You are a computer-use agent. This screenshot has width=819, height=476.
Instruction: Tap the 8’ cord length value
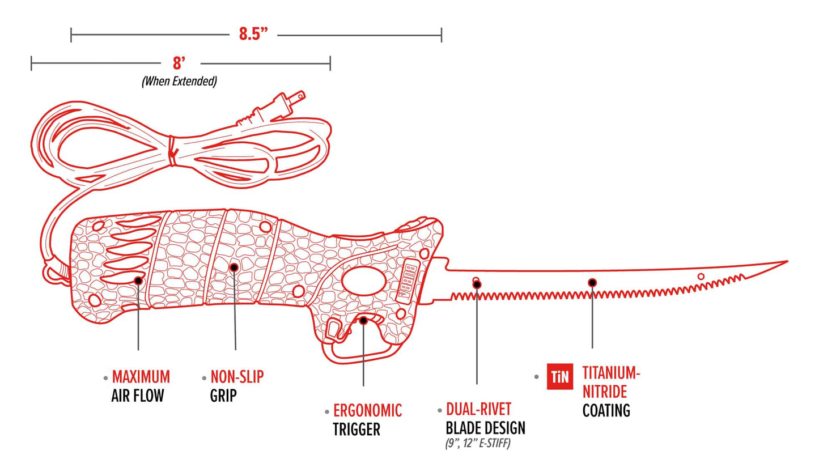click(179, 63)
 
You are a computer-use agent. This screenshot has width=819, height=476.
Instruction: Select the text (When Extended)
click(179, 81)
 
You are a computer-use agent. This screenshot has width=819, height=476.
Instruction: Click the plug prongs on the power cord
click(296, 97)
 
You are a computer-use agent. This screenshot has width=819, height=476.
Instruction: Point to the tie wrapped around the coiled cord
click(172, 151)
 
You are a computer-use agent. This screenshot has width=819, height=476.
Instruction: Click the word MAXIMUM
click(141, 377)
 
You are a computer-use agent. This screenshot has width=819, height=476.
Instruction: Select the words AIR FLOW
click(138, 396)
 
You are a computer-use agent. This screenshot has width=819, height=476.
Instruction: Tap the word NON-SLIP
click(237, 377)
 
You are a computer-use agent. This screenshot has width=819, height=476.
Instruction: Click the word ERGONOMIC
click(367, 411)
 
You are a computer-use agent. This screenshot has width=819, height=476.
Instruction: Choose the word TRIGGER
click(357, 429)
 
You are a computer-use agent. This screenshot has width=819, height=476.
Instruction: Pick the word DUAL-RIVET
click(478, 410)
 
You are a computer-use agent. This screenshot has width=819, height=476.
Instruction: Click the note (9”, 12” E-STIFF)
click(478, 444)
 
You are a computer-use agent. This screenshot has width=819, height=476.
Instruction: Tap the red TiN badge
click(560, 377)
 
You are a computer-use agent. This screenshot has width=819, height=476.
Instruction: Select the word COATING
click(606, 411)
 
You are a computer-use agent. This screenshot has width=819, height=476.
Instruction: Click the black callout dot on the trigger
click(363, 321)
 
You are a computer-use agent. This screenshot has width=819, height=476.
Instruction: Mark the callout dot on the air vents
click(138, 280)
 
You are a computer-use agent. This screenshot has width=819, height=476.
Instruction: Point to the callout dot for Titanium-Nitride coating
click(592, 283)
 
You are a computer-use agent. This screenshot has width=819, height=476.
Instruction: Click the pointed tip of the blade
click(788, 261)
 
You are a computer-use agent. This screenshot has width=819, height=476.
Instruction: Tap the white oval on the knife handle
click(364, 280)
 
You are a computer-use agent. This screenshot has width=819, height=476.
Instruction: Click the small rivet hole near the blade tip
click(701, 277)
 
